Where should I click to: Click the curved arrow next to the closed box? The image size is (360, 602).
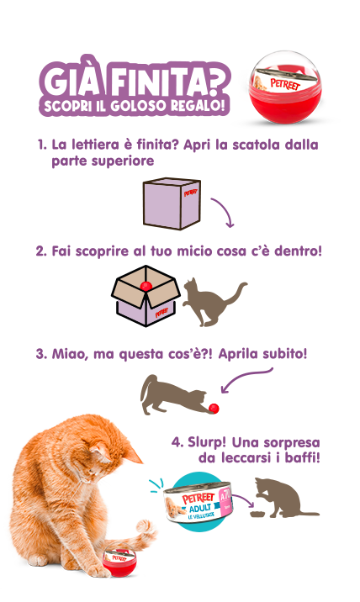point(222,213)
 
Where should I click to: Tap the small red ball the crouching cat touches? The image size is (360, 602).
point(214,409)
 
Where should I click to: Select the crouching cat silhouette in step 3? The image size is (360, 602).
point(172,395)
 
